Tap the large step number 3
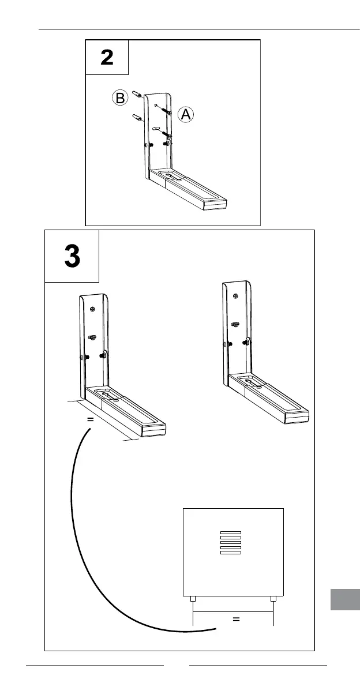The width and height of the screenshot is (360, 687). [x=72, y=257]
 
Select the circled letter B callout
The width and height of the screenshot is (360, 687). [x=119, y=99]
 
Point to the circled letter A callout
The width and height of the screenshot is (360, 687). [x=185, y=115]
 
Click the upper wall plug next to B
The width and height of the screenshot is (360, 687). [x=137, y=93]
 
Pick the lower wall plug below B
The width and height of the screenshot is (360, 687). [x=138, y=119]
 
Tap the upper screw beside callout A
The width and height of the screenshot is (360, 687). [x=166, y=110]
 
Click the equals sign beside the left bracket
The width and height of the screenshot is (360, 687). [x=90, y=420]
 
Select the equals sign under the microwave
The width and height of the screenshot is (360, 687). [x=235, y=620]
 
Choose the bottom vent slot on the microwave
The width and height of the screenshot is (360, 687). [x=230, y=553]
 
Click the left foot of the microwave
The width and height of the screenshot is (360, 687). [x=192, y=599]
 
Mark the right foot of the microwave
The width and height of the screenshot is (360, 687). [x=273, y=599]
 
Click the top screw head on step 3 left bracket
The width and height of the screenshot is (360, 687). [x=92, y=308]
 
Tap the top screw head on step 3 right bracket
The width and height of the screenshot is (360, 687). [x=236, y=296]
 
